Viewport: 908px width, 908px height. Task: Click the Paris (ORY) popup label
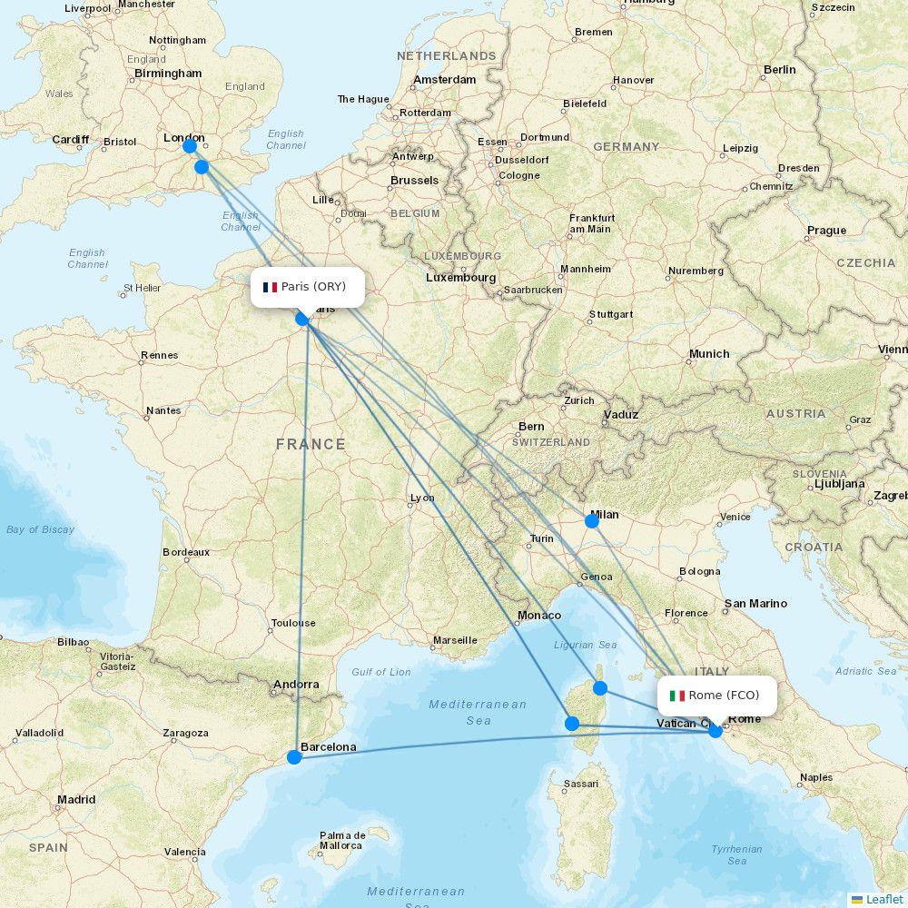point(307,287)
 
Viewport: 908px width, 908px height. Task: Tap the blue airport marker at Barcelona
point(294,757)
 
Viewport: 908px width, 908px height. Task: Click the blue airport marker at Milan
point(592,520)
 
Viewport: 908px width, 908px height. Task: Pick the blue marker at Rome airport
point(716,730)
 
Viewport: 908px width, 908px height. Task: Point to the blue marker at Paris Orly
point(302,318)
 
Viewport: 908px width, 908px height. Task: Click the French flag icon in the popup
point(270,287)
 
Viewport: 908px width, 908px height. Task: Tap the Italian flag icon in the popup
point(676,696)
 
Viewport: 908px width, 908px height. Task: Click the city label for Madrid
point(76,800)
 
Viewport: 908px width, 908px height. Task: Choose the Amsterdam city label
point(445,80)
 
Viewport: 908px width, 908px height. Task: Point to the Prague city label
point(826,231)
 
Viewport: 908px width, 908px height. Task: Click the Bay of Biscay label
point(40,529)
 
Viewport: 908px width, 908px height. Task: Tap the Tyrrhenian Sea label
point(736,854)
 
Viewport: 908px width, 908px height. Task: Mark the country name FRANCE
point(311,444)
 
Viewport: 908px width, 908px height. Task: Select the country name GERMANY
point(626,146)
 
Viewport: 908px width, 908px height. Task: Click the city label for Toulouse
point(293,623)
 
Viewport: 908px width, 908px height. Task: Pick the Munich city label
point(708,353)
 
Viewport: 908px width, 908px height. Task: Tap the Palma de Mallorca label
point(342,840)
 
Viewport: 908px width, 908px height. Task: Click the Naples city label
point(816,777)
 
